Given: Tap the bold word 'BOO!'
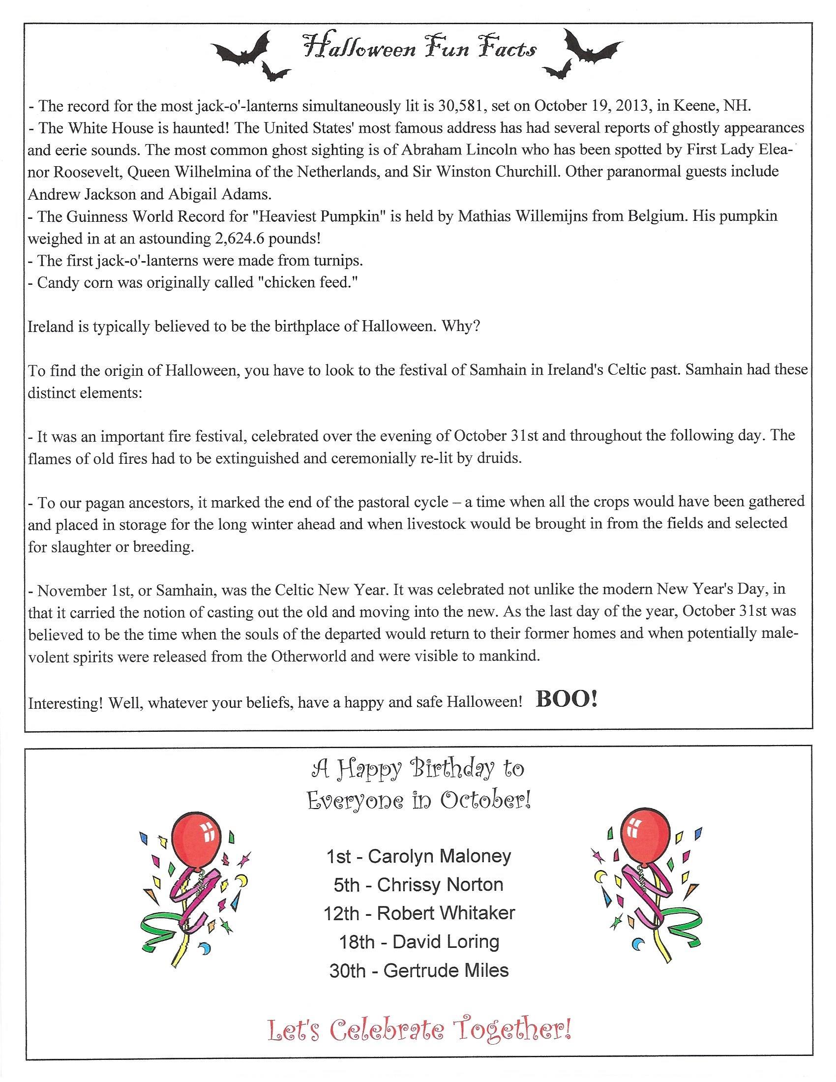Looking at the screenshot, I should (567, 699).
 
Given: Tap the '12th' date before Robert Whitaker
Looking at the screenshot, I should (341, 914).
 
